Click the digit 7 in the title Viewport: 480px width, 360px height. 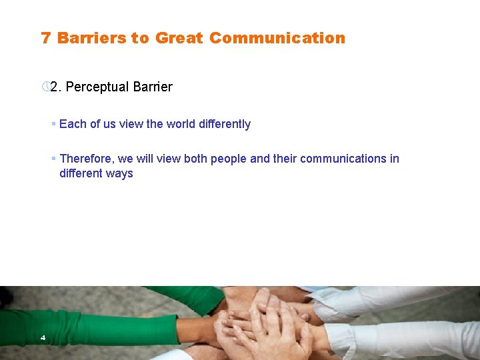(45, 38)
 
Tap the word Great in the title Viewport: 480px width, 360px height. (179, 38)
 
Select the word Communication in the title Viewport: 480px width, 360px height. (277, 38)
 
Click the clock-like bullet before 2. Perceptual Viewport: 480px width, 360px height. (45, 87)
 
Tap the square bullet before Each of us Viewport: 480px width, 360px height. (53, 124)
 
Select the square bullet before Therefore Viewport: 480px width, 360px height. (53, 159)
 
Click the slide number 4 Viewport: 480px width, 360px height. (43, 338)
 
